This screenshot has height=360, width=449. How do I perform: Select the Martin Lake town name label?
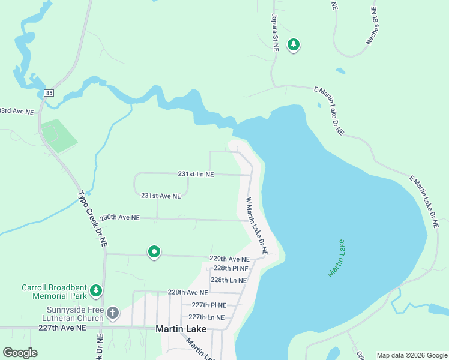click(x=181, y=329)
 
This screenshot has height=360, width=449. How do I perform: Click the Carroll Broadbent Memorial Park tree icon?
click(x=95, y=291)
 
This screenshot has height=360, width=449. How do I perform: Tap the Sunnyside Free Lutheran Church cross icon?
click(x=113, y=313)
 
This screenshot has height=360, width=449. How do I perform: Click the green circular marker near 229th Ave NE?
click(x=154, y=252)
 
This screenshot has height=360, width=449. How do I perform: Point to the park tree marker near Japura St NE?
click(x=293, y=44)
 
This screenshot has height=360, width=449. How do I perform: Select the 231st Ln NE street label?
click(x=196, y=174)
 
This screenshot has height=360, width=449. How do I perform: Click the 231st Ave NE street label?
click(x=161, y=196)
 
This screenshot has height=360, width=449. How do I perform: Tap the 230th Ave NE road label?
click(x=120, y=217)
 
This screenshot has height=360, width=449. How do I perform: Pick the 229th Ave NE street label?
click(x=229, y=259)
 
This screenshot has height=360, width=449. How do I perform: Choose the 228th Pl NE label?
click(x=231, y=268)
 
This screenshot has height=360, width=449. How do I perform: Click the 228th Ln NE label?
click(x=228, y=280)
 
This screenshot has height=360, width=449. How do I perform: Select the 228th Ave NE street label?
click(x=188, y=292)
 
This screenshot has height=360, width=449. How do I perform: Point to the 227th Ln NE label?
click(x=206, y=317)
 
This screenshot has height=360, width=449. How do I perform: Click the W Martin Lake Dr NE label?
click(x=256, y=225)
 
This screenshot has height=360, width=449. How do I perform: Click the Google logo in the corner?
click(x=20, y=353)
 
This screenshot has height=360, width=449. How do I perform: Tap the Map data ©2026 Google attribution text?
click(x=411, y=355)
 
